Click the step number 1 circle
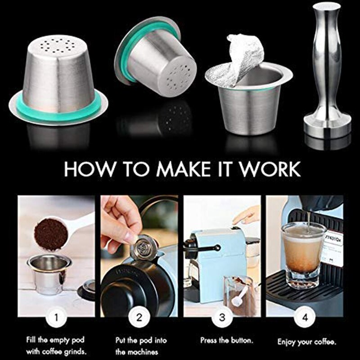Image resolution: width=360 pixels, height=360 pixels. [56, 318]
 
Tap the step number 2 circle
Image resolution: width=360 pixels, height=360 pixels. [139, 318]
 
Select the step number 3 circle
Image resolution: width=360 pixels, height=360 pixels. [222, 318]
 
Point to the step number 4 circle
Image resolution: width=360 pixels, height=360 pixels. [305, 318]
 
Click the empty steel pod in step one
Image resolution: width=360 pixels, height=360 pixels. [49, 275]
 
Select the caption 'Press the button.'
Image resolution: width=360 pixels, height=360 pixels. [227, 340]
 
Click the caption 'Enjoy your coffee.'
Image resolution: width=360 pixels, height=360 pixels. [307, 342]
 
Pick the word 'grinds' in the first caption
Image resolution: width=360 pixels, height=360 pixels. [75, 351]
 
